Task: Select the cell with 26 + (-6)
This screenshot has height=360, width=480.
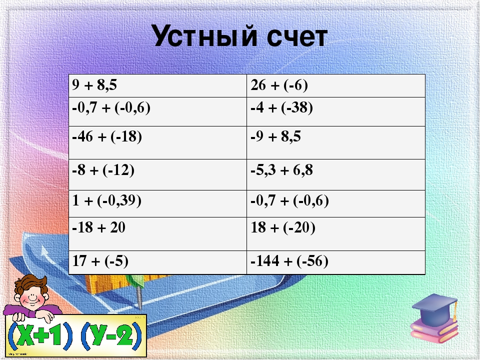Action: pyautogui.click(x=336, y=85)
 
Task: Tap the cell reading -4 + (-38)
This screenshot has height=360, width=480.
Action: pyautogui.click(x=336, y=111)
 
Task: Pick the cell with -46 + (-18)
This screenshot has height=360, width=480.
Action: pyautogui.click(x=157, y=142)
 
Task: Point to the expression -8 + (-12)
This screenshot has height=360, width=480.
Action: pyautogui.click(x=103, y=170)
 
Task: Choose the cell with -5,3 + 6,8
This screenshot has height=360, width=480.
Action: pyautogui.click(x=336, y=175)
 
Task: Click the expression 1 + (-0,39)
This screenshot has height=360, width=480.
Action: pyautogui.click(x=107, y=201)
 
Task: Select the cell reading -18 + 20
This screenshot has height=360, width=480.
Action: pyautogui.click(x=157, y=234)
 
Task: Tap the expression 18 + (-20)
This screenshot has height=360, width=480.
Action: pyautogui.click(x=283, y=228)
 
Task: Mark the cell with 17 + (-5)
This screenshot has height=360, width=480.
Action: pyautogui.click(x=157, y=262)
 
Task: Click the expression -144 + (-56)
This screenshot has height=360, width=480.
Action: pyautogui.click(x=289, y=261)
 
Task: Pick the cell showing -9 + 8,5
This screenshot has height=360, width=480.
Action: pyautogui.click(x=336, y=142)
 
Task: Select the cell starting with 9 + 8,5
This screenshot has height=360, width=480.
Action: pyautogui.click(x=157, y=85)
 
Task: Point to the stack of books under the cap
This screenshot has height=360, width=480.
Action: pyautogui.click(x=434, y=330)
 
